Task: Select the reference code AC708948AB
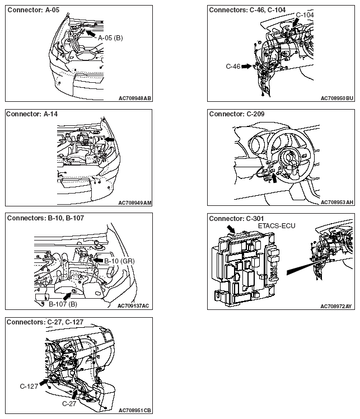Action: [135, 98]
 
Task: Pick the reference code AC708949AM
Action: [135, 203]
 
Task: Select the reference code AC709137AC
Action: [134, 306]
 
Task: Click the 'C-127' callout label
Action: [28, 385]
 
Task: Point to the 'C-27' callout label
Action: [69, 403]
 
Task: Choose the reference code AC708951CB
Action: [135, 410]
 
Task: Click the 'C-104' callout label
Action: [305, 15]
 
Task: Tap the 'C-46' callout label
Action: [233, 66]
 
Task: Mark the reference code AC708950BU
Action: [337, 98]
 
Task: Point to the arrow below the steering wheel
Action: [274, 178]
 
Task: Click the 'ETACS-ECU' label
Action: [277, 225]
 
